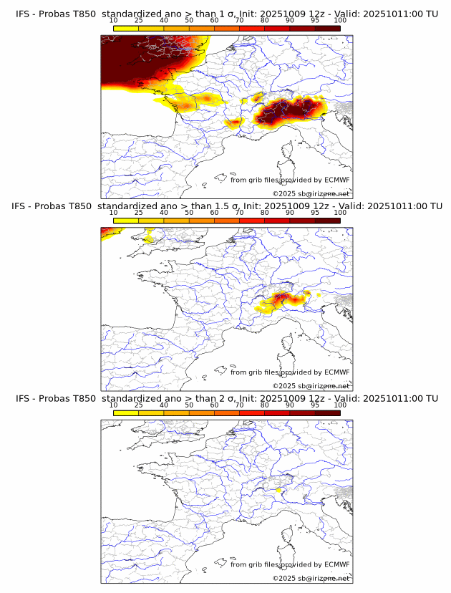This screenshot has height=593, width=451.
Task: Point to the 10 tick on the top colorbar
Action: coord(114,20)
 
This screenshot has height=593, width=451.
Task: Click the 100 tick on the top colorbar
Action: coord(340,20)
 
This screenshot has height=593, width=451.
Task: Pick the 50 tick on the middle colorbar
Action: coord(189,213)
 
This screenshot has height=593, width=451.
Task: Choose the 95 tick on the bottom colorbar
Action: coord(315,405)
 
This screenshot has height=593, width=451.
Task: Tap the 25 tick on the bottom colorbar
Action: coord(139,405)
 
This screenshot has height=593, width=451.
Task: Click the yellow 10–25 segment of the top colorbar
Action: coord(126,28)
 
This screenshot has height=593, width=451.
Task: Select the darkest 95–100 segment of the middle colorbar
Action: coord(328,221)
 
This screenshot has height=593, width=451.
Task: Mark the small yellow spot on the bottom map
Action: coord(278,490)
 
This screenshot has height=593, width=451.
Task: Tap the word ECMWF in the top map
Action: coord(337,180)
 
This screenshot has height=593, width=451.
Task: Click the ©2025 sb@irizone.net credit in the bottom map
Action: coord(311,578)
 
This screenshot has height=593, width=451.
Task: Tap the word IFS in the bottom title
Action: coord(23,398)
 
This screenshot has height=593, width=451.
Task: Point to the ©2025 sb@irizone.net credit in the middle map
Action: coord(311,385)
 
